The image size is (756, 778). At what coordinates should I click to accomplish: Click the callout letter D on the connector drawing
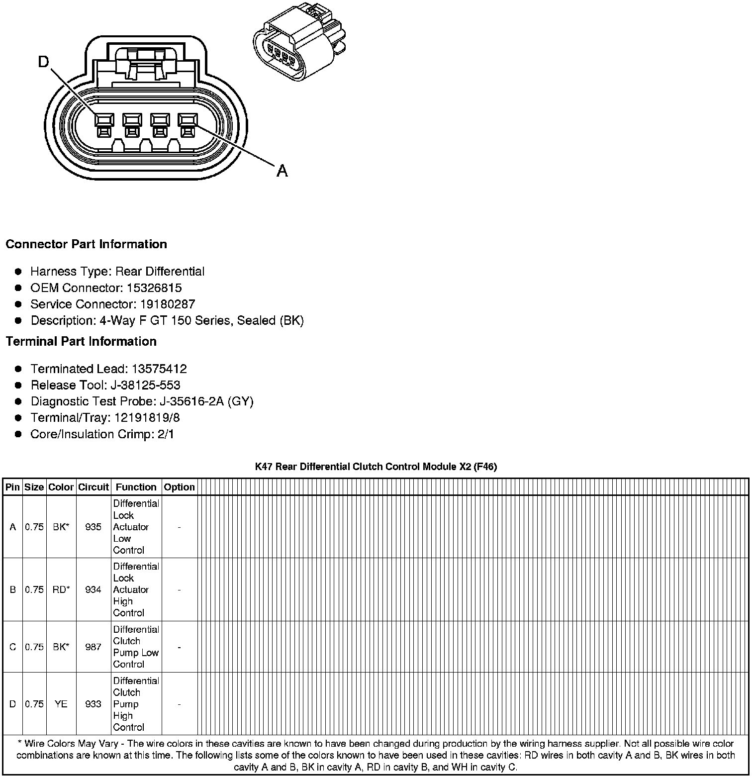(x=44, y=62)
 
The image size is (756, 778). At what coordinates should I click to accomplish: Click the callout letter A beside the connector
(x=282, y=171)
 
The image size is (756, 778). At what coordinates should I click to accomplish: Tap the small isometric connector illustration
(x=298, y=43)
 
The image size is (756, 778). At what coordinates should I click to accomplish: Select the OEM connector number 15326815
(x=155, y=288)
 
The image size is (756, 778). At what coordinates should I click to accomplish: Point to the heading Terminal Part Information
(x=81, y=342)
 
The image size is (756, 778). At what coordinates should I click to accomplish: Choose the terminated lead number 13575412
(x=159, y=369)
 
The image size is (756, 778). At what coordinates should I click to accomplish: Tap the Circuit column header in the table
(x=94, y=487)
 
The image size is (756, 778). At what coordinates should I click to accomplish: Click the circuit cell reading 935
(x=94, y=527)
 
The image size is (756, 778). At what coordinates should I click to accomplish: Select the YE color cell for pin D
(x=61, y=704)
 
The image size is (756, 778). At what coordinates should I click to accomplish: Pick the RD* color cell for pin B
(x=61, y=589)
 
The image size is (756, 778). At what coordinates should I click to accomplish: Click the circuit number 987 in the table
(x=94, y=647)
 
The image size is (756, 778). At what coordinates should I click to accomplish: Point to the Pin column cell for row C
(x=13, y=647)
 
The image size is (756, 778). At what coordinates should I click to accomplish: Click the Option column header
(x=179, y=487)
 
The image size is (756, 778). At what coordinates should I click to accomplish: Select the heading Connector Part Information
(x=87, y=244)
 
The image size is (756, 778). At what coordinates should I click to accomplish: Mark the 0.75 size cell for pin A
(x=34, y=527)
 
